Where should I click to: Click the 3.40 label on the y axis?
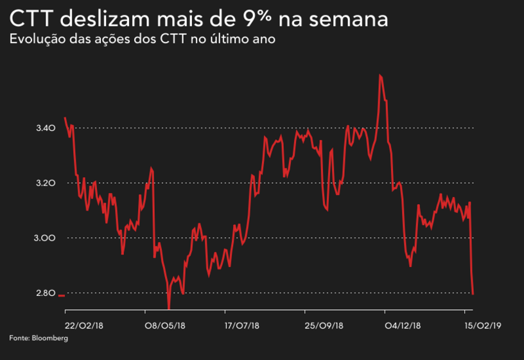47,129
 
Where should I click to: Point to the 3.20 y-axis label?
47,184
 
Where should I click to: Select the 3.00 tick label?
47,238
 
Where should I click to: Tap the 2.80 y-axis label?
47,293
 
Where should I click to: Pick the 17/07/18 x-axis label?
243,325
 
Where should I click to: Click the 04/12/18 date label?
403,325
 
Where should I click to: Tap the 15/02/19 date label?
482,325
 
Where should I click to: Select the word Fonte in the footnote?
19,338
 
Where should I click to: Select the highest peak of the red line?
380,75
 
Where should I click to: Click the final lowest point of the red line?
473,294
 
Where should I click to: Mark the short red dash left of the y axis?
62,296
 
